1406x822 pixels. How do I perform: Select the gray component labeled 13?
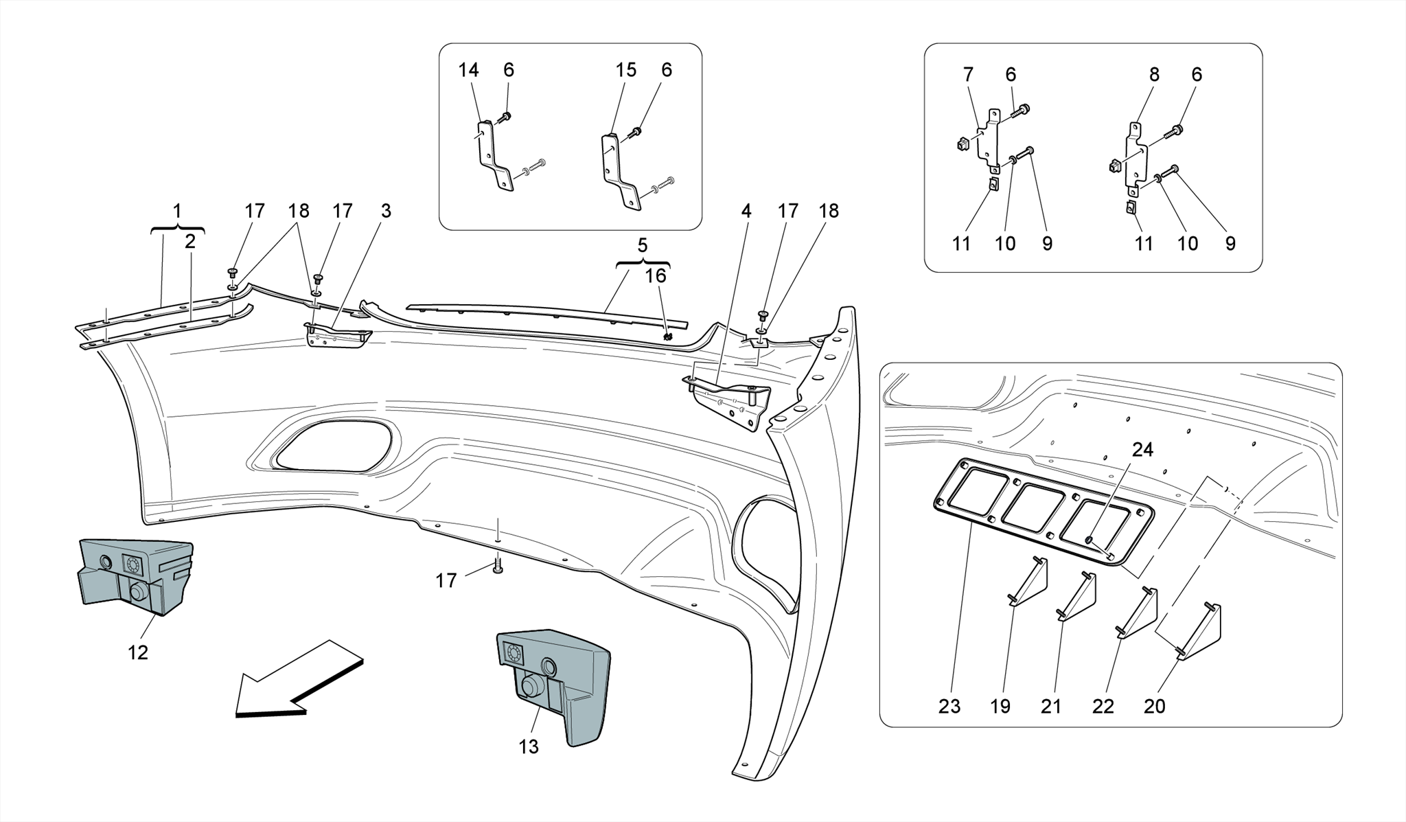[560, 680]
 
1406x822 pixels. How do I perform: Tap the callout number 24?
[1142, 450]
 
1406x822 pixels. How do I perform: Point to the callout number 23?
[949, 706]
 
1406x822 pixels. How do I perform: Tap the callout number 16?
[656, 276]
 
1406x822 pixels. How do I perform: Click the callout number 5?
[643, 245]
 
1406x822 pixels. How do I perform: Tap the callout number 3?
[386, 211]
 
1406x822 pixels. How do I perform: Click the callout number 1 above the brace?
[177, 211]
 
